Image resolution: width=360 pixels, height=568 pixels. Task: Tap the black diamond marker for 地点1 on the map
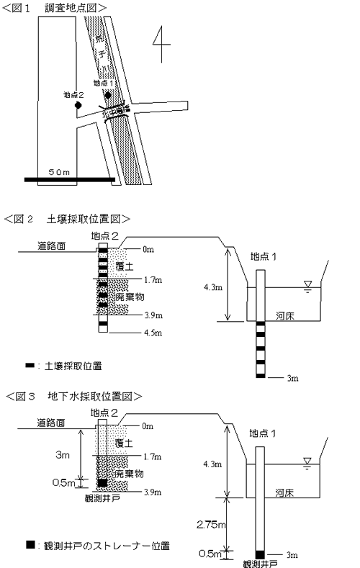click(x=107, y=95)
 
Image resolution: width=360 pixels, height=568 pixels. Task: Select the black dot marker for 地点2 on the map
click(x=78, y=106)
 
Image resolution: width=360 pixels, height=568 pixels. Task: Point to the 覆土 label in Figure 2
click(x=123, y=266)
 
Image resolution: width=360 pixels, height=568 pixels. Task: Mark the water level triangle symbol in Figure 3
click(x=307, y=461)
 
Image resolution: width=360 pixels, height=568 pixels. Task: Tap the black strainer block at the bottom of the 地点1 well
click(x=260, y=554)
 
